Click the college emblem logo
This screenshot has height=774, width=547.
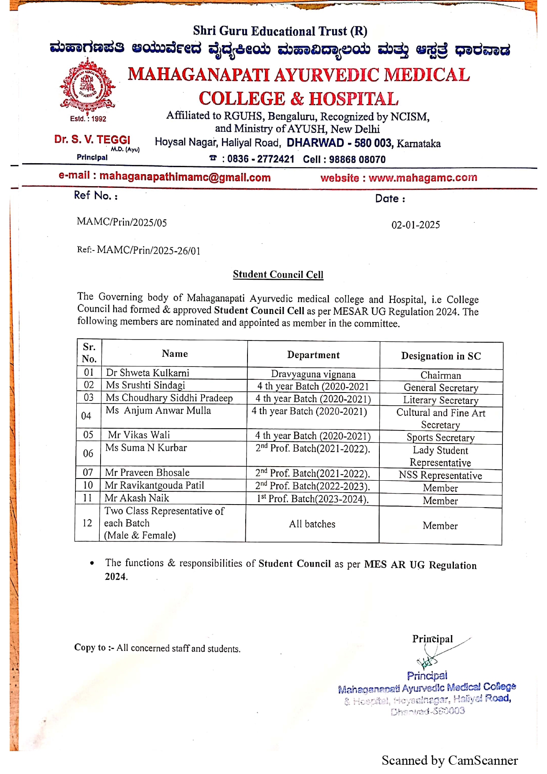click(88, 86)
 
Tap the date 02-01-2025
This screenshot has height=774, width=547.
click(416, 225)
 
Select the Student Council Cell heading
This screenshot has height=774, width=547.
click(278, 275)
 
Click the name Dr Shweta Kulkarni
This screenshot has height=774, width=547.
click(147, 373)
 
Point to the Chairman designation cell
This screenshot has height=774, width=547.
click(441, 375)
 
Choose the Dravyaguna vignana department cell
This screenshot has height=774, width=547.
click(313, 374)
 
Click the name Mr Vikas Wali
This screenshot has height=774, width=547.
click(139, 435)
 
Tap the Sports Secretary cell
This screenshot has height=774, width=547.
click(441, 438)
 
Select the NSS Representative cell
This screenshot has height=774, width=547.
click(440, 475)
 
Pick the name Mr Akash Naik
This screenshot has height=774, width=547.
click(137, 498)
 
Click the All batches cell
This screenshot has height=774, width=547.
click(312, 524)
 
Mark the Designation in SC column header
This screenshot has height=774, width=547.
click(441, 356)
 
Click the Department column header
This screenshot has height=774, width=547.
click(313, 355)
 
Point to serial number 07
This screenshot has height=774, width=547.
click(88, 473)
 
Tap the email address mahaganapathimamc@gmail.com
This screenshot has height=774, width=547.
click(185, 177)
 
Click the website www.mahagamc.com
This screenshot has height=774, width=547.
click(423, 178)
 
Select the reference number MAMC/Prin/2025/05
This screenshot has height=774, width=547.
click(122, 222)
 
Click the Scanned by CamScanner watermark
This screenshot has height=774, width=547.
click(450, 760)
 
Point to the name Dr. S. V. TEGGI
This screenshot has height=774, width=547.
click(92, 140)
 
